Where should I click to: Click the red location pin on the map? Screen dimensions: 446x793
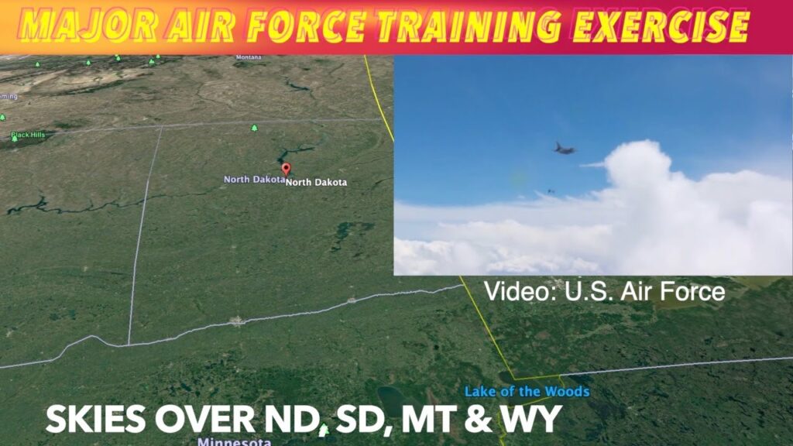286,169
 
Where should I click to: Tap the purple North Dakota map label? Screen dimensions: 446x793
253,180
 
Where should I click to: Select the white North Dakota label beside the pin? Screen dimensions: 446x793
317,183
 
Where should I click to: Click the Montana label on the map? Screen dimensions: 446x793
249,57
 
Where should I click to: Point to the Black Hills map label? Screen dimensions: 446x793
29,136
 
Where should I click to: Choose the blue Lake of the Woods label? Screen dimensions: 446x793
527,392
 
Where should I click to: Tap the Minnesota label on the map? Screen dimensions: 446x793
234,442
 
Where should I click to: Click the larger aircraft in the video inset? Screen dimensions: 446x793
565,147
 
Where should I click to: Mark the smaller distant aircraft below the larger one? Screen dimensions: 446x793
551,191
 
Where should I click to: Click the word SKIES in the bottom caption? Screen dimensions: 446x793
95,419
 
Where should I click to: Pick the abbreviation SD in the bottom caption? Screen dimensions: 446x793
359,419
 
